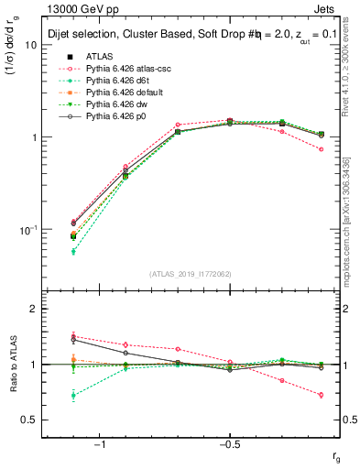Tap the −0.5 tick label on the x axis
(229, 444)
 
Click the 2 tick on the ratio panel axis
(35, 309)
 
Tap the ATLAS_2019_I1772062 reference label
(191, 273)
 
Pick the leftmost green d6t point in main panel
(74, 251)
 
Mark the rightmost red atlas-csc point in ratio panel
(321, 395)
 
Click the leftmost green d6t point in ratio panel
(74, 396)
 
